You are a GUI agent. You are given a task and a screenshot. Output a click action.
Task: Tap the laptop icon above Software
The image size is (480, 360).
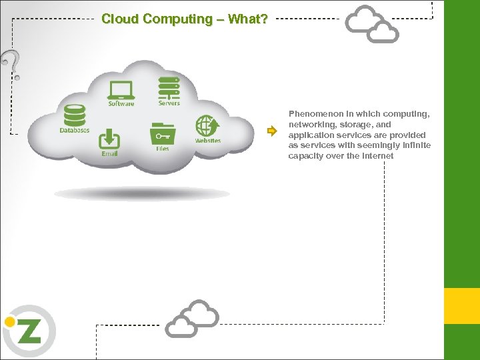121,89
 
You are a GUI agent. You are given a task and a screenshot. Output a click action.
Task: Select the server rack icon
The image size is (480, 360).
169,87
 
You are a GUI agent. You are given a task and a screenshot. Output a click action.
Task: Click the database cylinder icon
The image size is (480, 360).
74,115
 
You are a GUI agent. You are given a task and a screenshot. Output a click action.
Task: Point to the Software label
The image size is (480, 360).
121,103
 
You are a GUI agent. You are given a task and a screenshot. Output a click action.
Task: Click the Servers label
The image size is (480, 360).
169,103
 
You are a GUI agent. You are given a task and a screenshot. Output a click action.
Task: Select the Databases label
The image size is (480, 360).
74,130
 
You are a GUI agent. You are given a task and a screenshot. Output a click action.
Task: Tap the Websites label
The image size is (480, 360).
207,141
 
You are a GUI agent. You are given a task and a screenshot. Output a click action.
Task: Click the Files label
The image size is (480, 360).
162,149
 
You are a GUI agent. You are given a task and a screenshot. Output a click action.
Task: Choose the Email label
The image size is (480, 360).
109,154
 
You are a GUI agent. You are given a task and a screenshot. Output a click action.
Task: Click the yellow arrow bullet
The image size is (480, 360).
271,131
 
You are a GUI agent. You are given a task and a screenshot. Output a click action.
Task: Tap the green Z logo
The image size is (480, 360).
29,331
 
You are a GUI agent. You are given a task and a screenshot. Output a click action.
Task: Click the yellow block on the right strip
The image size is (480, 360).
462,306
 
